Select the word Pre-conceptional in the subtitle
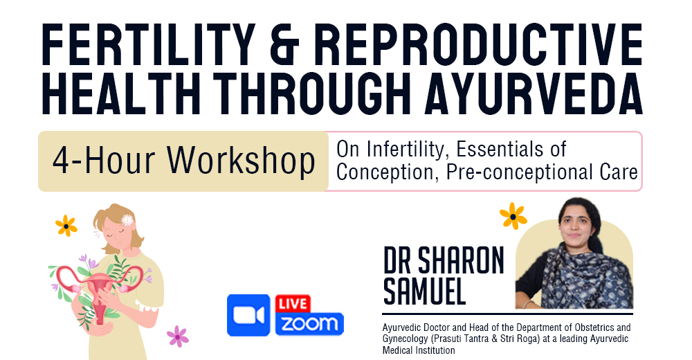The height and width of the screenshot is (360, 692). point(503,172)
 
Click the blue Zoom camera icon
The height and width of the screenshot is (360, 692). point(248,315)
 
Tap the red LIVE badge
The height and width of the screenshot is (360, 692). point(293,304)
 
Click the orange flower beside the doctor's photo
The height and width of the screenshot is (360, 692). point(513,215)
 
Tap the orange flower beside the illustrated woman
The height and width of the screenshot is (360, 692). point(66,225)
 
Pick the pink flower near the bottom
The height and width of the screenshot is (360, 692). point(178,336)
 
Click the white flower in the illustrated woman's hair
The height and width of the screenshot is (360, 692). point(127,219)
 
